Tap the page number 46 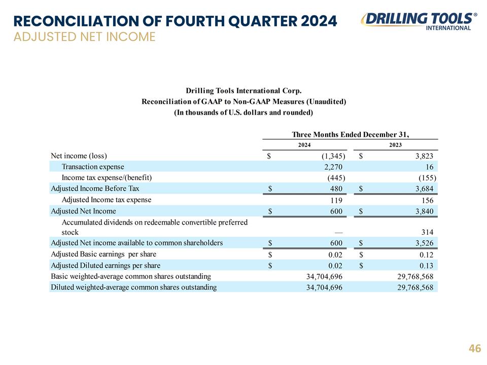pos(475,348)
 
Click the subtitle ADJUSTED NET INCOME pos(85,37)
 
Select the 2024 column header pos(304,145)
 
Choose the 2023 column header pos(395,145)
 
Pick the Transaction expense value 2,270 pos(333,167)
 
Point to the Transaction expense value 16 pos(429,167)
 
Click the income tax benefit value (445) pos(336,178)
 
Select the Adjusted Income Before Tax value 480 pos(336,189)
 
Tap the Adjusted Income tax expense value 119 pos(336,200)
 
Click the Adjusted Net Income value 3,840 pos(424,211)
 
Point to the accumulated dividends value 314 pos(427,232)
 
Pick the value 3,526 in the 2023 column pos(424,243)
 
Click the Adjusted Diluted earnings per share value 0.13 pos(426,266)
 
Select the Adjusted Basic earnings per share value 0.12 pos(426,255)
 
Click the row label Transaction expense pos(93,167)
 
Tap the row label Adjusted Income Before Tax pos(95,189)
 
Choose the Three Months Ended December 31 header pos(351,134)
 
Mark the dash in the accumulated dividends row pos(339,233)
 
